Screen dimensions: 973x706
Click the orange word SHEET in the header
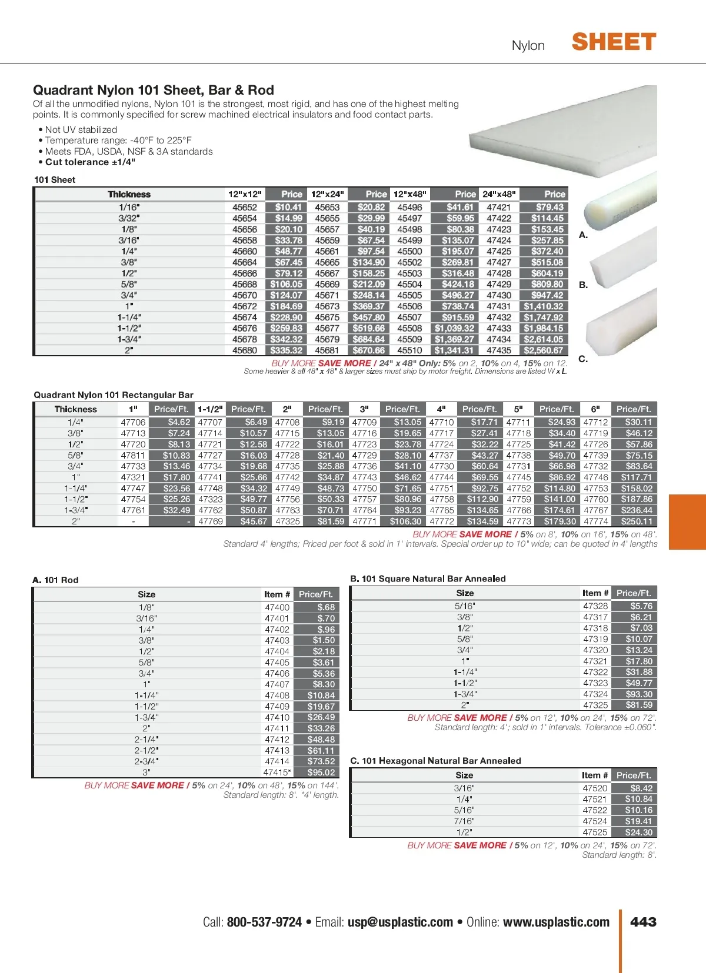click(614, 42)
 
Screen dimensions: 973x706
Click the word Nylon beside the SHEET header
click(528, 46)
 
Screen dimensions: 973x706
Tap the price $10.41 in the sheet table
click(288, 207)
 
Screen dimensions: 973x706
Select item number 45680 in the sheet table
click(245, 350)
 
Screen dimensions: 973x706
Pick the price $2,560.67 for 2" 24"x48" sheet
click(544, 350)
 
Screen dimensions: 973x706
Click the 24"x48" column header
click(499, 194)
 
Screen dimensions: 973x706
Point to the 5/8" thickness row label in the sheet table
click(129, 285)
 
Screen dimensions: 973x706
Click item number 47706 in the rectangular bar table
click(133, 422)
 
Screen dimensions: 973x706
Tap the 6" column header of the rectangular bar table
click(595, 409)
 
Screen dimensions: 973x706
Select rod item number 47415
click(276, 773)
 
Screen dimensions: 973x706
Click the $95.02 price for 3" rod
click(321, 773)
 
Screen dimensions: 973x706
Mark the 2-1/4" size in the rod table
click(146, 740)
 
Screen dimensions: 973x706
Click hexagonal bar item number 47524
click(595, 821)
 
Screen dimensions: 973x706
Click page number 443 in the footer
click(643, 922)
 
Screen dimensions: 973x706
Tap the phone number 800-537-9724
click(264, 922)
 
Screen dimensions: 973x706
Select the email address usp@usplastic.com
click(400, 922)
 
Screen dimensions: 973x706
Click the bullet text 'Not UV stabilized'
click(81, 129)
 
